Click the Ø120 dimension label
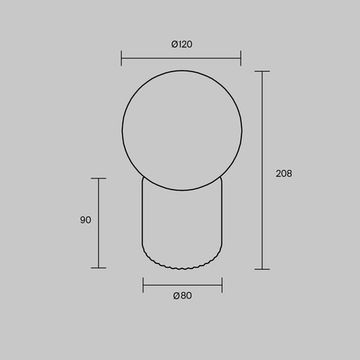click(180, 44)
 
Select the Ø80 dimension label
click(180, 295)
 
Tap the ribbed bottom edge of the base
click(180, 265)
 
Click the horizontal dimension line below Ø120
click(180, 58)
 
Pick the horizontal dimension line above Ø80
click(180, 283)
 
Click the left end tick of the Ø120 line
click(122, 58)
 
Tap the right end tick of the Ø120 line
click(240, 58)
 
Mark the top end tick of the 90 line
click(99, 178)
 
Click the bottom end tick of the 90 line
click(99, 268)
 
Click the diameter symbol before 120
click(172, 44)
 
